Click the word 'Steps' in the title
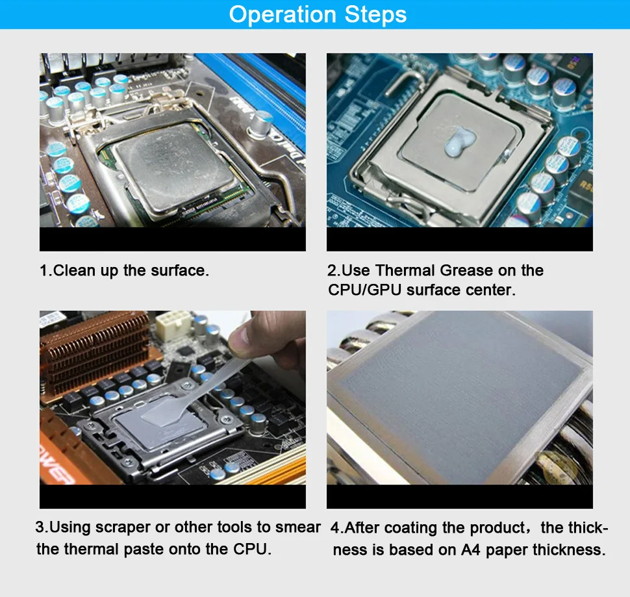click(x=375, y=14)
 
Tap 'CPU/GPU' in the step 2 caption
click(x=365, y=290)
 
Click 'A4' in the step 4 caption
click(x=470, y=550)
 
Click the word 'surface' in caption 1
click(x=179, y=270)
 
